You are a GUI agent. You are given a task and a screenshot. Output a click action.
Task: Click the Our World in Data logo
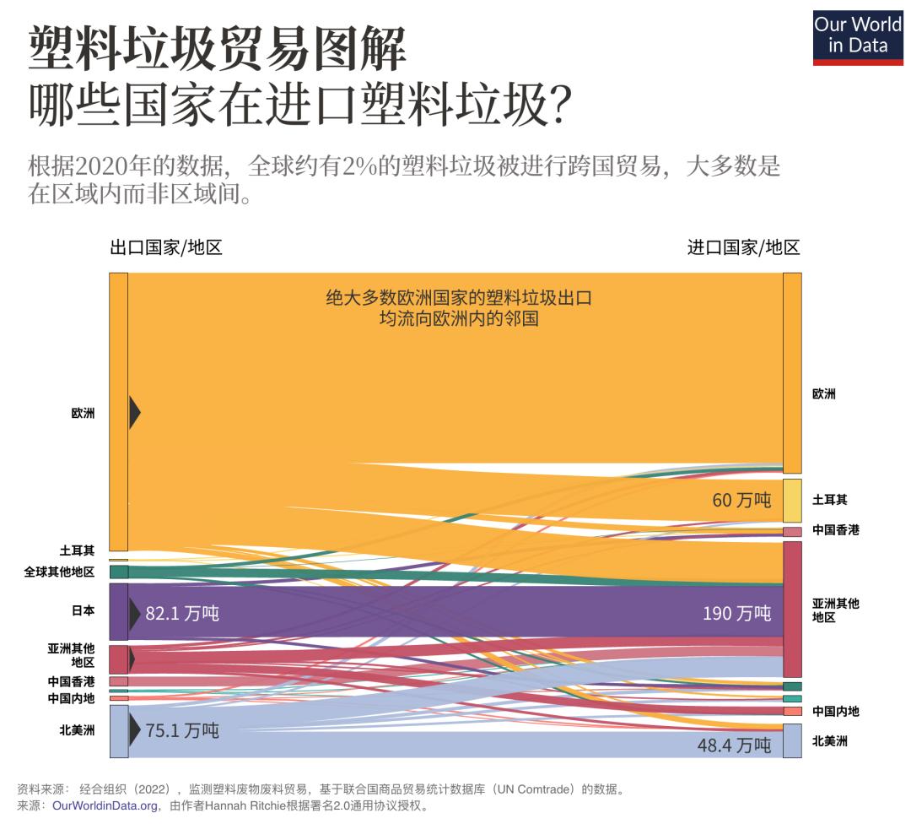(x=857, y=37)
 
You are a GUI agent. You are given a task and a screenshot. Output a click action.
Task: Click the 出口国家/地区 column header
(x=165, y=247)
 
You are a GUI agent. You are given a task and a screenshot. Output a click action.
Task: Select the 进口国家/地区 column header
(x=743, y=247)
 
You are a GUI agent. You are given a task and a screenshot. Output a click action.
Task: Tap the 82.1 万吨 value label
(x=182, y=613)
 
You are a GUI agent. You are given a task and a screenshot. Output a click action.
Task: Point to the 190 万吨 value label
(x=736, y=613)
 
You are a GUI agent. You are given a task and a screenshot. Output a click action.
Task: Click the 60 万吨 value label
(x=741, y=500)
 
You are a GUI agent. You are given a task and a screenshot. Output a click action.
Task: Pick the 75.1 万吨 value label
(x=182, y=730)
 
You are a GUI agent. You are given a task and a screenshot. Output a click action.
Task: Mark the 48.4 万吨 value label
(x=734, y=745)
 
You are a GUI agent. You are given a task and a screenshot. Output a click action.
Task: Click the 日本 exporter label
(x=84, y=610)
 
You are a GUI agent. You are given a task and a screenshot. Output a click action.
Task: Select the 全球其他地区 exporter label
(x=59, y=572)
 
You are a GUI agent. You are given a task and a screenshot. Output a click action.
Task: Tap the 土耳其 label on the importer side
(x=829, y=501)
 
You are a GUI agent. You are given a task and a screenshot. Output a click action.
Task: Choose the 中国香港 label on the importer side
(x=835, y=530)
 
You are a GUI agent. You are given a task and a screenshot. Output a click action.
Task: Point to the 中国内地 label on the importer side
(x=835, y=711)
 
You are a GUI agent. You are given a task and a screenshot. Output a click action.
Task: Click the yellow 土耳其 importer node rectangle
(x=792, y=501)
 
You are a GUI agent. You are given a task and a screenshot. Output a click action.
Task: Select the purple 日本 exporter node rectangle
(x=118, y=611)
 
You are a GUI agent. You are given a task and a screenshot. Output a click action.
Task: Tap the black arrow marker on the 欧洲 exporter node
(x=134, y=413)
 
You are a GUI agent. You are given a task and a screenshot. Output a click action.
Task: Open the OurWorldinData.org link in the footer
(x=105, y=806)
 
